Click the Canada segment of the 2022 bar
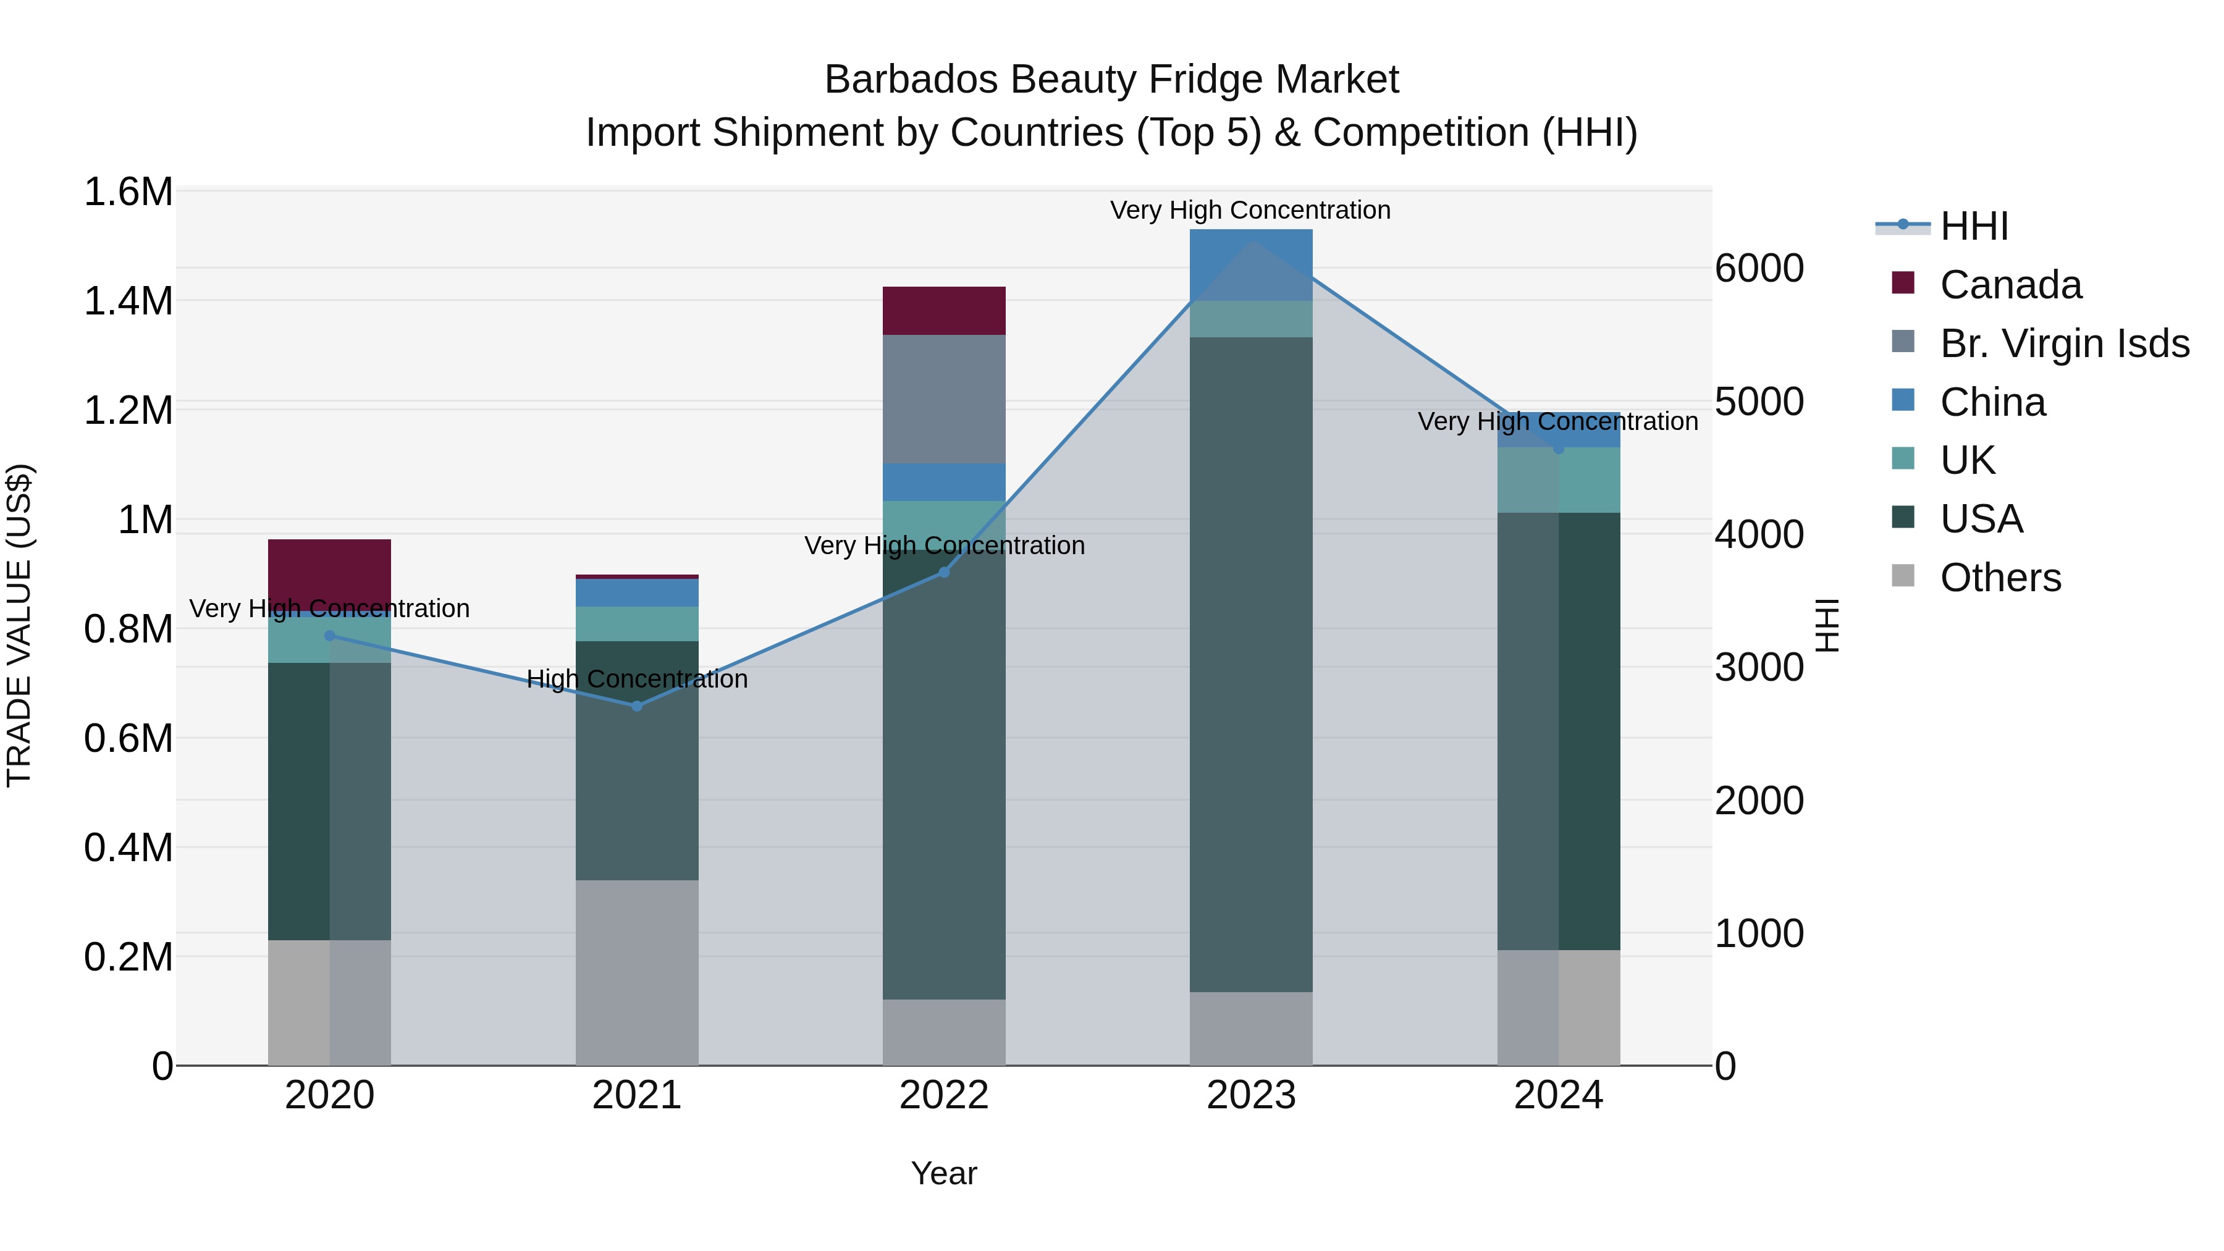point(943,311)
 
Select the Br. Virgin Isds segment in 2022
point(943,399)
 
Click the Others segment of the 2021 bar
point(637,972)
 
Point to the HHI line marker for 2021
point(637,706)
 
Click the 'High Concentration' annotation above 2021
point(637,680)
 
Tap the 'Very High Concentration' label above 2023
point(1250,211)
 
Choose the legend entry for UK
point(1968,460)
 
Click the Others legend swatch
point(1903,576)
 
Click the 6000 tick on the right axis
point(1759,269)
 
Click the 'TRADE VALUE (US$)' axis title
point(19,626)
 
